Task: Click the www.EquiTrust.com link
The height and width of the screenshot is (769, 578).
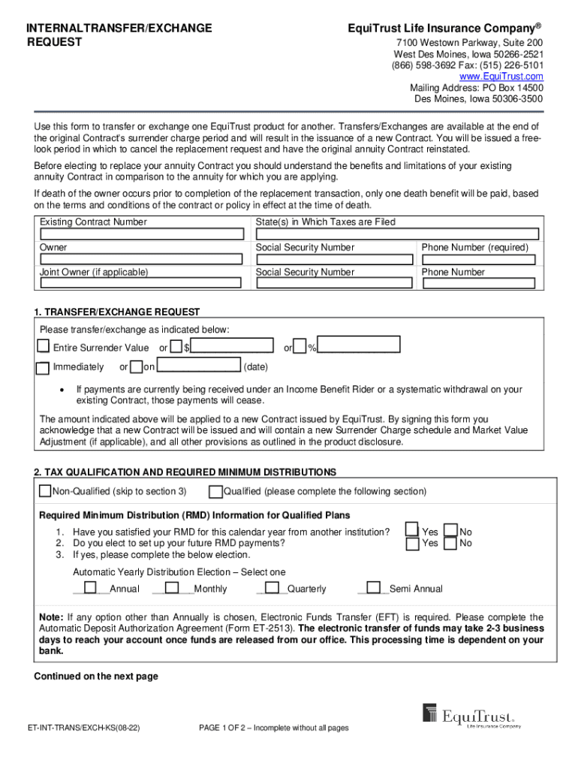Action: click(x=501, y=77)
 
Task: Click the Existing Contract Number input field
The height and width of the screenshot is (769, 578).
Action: click(x=140, y=234)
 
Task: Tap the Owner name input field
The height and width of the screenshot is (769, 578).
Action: click(x=140, y=259)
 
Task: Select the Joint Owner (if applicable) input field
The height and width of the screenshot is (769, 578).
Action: click(x=140, y=283)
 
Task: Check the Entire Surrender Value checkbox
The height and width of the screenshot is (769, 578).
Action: click(x=44, y=347)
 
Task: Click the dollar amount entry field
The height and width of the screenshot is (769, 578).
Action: click(x=233, y=346)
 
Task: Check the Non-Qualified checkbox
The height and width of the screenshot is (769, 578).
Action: click(x=44, y=491)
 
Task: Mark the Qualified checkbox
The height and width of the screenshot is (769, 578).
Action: click(x=215, y=491)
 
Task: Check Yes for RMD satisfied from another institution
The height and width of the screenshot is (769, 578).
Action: click(x=412, y=530)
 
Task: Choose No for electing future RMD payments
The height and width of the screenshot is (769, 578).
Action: click(x=450, y=543)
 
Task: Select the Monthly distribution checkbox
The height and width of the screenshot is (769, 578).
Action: click(x=171, y=588)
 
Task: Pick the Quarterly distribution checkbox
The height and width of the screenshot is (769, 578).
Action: click(x=272, y=588)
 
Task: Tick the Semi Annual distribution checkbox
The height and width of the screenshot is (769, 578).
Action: click(x=375, y=588)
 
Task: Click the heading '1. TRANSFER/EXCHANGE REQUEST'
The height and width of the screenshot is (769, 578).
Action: click(x=117, y=312)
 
